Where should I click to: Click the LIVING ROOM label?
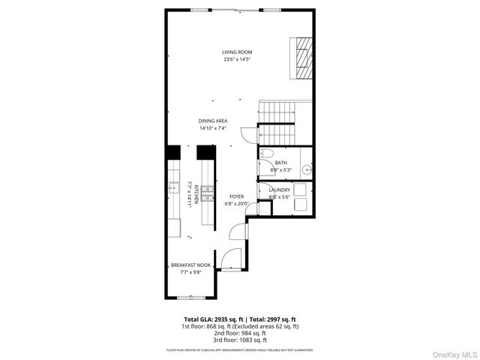pos(236,52)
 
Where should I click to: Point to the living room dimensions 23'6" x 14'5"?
pos(236,59)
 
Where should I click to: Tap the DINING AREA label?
pos(213,121)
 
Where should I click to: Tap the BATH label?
pos(280,163)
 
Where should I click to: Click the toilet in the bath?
pos(265,155)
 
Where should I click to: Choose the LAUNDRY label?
pos(280,190)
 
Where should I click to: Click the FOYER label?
pos(237,196)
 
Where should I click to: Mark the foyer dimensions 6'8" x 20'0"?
pos(237,204)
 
